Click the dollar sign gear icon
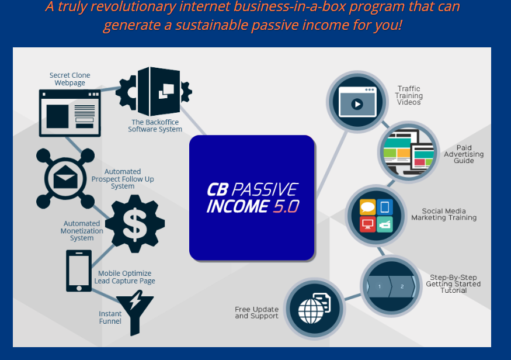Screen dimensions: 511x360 [x=135, y=224]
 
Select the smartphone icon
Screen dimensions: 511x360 [x=79, y=271]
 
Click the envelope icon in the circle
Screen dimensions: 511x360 [x=65, y=178]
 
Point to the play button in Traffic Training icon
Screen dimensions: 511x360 [x=357, y=105]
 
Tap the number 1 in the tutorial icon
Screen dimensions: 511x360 [x=380, y=286]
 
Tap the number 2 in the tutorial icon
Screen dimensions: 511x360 [x=402, y=286]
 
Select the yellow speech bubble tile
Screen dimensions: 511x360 [x=367, y=207]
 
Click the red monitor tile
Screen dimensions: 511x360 [x=367, y=224]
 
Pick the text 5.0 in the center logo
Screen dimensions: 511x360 [x=286, y=206]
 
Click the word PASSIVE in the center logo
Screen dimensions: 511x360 [x=265, y=189]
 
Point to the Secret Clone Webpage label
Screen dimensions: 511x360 [x=69, y=79]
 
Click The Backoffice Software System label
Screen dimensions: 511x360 [x=155, y=126]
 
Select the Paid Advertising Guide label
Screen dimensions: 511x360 [x=464, y=154]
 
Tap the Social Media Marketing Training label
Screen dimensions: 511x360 [x=444, y=214]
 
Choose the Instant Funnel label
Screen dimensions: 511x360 [x=110, y=317]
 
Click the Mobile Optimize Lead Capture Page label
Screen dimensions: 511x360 [x=125, y=277]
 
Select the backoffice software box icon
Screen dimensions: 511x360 [x=154, y=91]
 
